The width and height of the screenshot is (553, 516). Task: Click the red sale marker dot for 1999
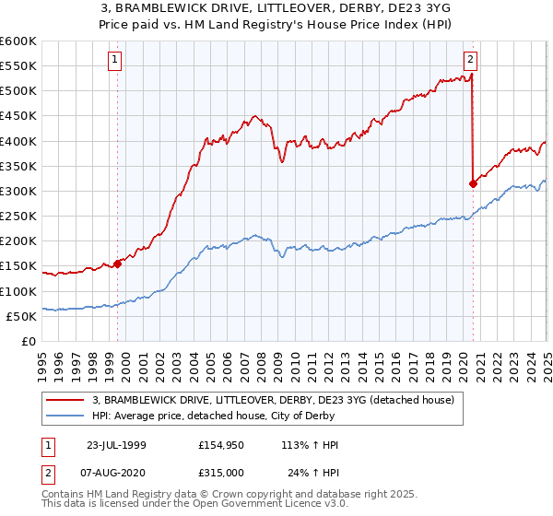[x=118, y=264]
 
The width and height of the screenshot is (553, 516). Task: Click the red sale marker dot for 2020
[x=473, y=183]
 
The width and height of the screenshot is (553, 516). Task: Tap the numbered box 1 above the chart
[x=115, y=61]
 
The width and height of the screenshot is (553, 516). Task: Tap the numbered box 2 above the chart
[x=470, y=61]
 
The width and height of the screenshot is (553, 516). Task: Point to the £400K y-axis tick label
[x=18, y=141]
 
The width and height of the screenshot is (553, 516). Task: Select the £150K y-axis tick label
[x=18, y=266]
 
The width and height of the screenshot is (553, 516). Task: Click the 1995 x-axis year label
[x=42, y=361]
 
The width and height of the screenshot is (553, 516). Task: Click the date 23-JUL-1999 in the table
[x=116, y=445]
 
